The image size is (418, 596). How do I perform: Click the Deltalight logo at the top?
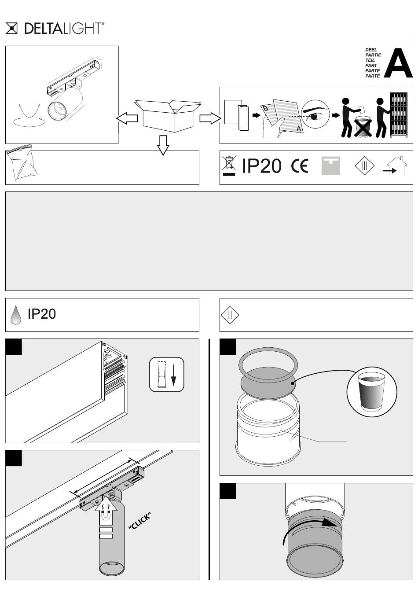[x=55, y=28]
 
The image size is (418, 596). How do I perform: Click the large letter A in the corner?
[x=398, y=63]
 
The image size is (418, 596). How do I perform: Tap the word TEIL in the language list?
[x=370, y=60]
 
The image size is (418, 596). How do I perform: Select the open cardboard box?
[x=168, y=116]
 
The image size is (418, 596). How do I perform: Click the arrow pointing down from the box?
[x=163, y=145]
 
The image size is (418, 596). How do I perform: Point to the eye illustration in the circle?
[x=315, y=114]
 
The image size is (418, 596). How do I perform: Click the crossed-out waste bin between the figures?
[x=363, y=128]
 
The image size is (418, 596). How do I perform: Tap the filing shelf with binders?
[x=399, y=115]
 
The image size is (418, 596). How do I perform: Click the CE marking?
[x=299, y=166]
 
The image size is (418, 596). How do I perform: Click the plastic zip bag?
[x=21, y=162]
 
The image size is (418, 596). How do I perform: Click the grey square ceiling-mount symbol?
[x=330, y=166]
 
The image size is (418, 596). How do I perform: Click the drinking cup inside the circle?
[x=371, y=391]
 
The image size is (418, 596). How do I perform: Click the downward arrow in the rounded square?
[x=173, y=375]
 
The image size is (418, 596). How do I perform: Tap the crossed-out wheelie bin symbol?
[x=229, y=166]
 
